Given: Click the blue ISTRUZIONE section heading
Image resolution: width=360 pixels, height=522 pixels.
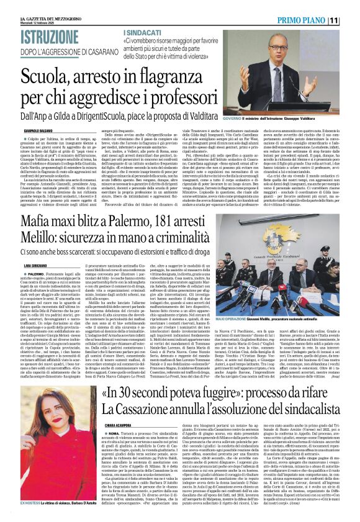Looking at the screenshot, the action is (38, 35).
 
